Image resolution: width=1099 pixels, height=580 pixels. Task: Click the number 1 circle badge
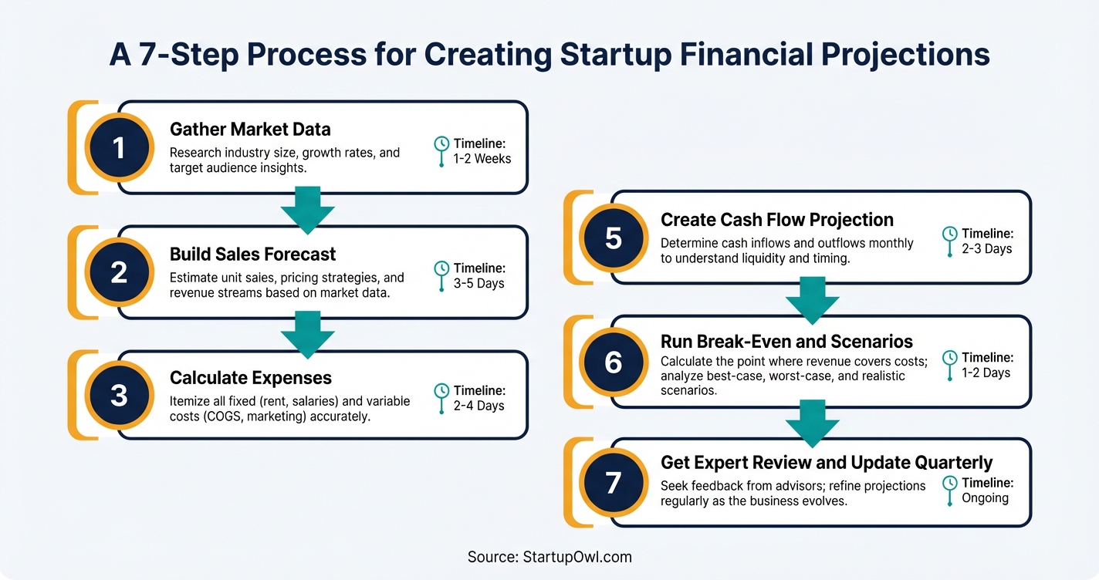tap(118, 147)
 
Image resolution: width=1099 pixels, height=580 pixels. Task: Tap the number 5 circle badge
tap(613, 238)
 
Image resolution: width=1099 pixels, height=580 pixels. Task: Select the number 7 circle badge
tap(613, 482)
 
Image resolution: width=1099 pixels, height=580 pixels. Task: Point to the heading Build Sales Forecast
tap(252, 254)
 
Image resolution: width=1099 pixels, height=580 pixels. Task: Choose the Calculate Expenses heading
tap(250, 378)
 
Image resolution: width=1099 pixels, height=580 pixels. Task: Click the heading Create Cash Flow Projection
tap(776, 220)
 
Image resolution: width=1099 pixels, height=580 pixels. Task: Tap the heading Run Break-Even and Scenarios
tap(786, 341)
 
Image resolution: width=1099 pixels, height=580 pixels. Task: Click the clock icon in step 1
tap(441, 144)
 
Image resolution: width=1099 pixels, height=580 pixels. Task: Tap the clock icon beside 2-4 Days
tap(441, 392)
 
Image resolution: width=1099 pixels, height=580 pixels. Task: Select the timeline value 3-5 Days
tap(478, 283)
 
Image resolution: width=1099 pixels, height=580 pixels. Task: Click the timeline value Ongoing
tap(985, 498)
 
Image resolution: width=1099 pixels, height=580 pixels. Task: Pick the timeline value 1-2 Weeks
tap(482, 159)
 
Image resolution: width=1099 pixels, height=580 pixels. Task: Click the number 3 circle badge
tap(118, 395)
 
